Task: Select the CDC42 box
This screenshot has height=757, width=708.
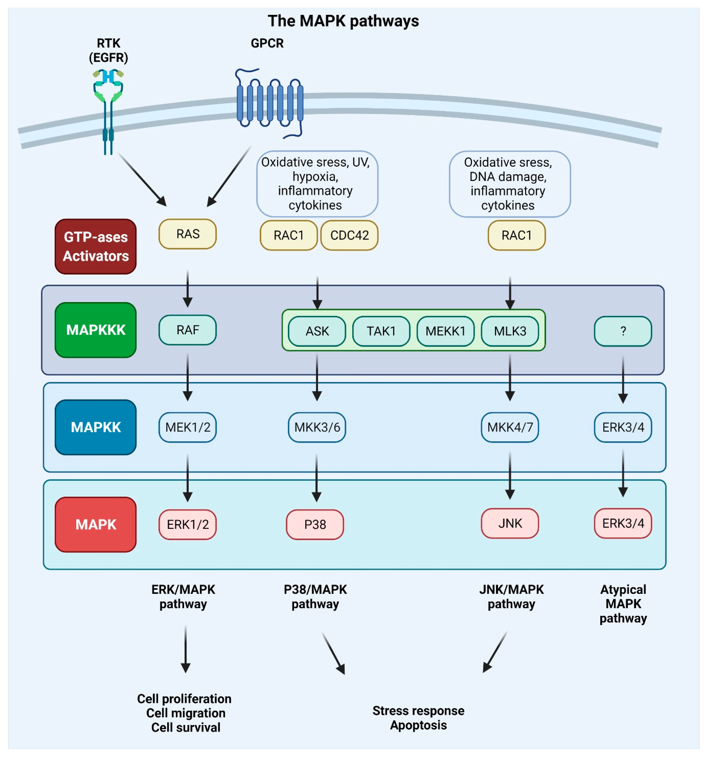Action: (x=349, y=235)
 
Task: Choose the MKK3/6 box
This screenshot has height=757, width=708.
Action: (x=317, y=427)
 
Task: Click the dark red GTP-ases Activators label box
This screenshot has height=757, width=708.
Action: (x=96, y=246)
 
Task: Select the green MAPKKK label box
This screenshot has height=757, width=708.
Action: (x=96, y=330)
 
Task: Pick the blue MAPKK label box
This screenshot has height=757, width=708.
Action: (x=96, y=427)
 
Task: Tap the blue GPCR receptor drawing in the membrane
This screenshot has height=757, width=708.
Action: (x=270, y=103)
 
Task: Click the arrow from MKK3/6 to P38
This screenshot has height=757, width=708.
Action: (x=317, y=478)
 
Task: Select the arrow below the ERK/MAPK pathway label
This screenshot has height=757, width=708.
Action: (x=185, y=649)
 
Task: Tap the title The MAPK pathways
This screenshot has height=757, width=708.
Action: (x=343, y=21)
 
